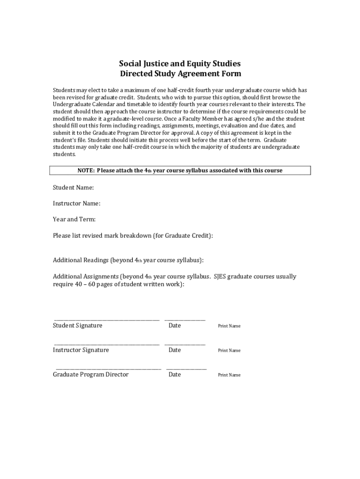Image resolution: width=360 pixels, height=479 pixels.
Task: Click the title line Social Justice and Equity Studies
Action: click(180, 64)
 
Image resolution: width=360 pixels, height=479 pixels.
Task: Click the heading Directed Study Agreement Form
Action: click(180, 74)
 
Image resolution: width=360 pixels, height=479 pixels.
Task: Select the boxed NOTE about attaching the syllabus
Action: click(180, 170)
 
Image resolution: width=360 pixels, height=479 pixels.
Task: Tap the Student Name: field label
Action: click(73, 188)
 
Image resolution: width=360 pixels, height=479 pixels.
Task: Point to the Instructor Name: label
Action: click(77, 203)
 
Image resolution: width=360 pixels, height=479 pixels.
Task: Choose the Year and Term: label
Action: click(74, 219)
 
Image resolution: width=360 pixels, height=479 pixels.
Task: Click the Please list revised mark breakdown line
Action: click(133, 236)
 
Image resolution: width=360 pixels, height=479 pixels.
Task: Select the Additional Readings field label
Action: click(128, 260)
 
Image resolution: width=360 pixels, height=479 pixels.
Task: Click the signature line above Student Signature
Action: click(106, 320)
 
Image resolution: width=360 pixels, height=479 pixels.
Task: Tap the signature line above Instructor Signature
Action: click(106, 345)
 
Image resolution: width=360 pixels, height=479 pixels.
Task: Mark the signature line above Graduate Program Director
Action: click(108, 369)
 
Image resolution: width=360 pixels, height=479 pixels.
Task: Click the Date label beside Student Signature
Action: click(174, 326)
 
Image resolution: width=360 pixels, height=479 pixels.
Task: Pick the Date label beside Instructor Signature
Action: click(174, 350)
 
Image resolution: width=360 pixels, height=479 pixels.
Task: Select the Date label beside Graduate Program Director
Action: click(174, 375)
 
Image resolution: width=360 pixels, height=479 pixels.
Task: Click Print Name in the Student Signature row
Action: click(229, 326)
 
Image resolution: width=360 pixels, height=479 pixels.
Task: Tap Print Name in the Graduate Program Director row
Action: click(229, 375)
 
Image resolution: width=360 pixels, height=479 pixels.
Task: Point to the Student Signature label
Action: click(78, 326)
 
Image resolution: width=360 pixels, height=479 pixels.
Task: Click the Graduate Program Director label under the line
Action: click(91, 375)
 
